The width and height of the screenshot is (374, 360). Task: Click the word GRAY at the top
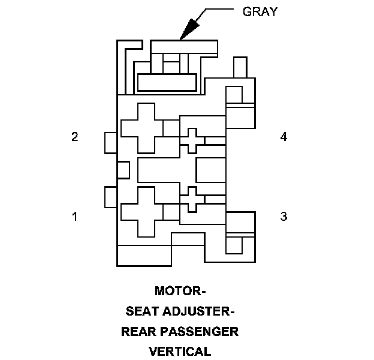(260, 11)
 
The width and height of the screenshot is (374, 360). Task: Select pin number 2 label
(75, 137)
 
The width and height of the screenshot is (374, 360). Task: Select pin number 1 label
(75, 216)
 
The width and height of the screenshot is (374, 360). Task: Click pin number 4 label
(283, 137)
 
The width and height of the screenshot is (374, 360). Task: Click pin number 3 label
(283, 216)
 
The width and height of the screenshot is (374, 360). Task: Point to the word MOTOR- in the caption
(180, 292)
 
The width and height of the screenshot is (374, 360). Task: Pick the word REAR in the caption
(139, 331)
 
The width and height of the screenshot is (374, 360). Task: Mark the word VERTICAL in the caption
(180, 351)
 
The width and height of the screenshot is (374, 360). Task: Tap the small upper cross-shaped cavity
(192, 140)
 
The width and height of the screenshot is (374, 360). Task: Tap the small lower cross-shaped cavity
(192, 199)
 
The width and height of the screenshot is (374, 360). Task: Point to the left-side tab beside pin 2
(110, 142)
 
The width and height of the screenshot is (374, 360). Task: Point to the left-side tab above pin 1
(110, 197)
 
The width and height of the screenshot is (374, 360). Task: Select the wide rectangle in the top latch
(167, 82)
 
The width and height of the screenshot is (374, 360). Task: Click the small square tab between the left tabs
(123, 170)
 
